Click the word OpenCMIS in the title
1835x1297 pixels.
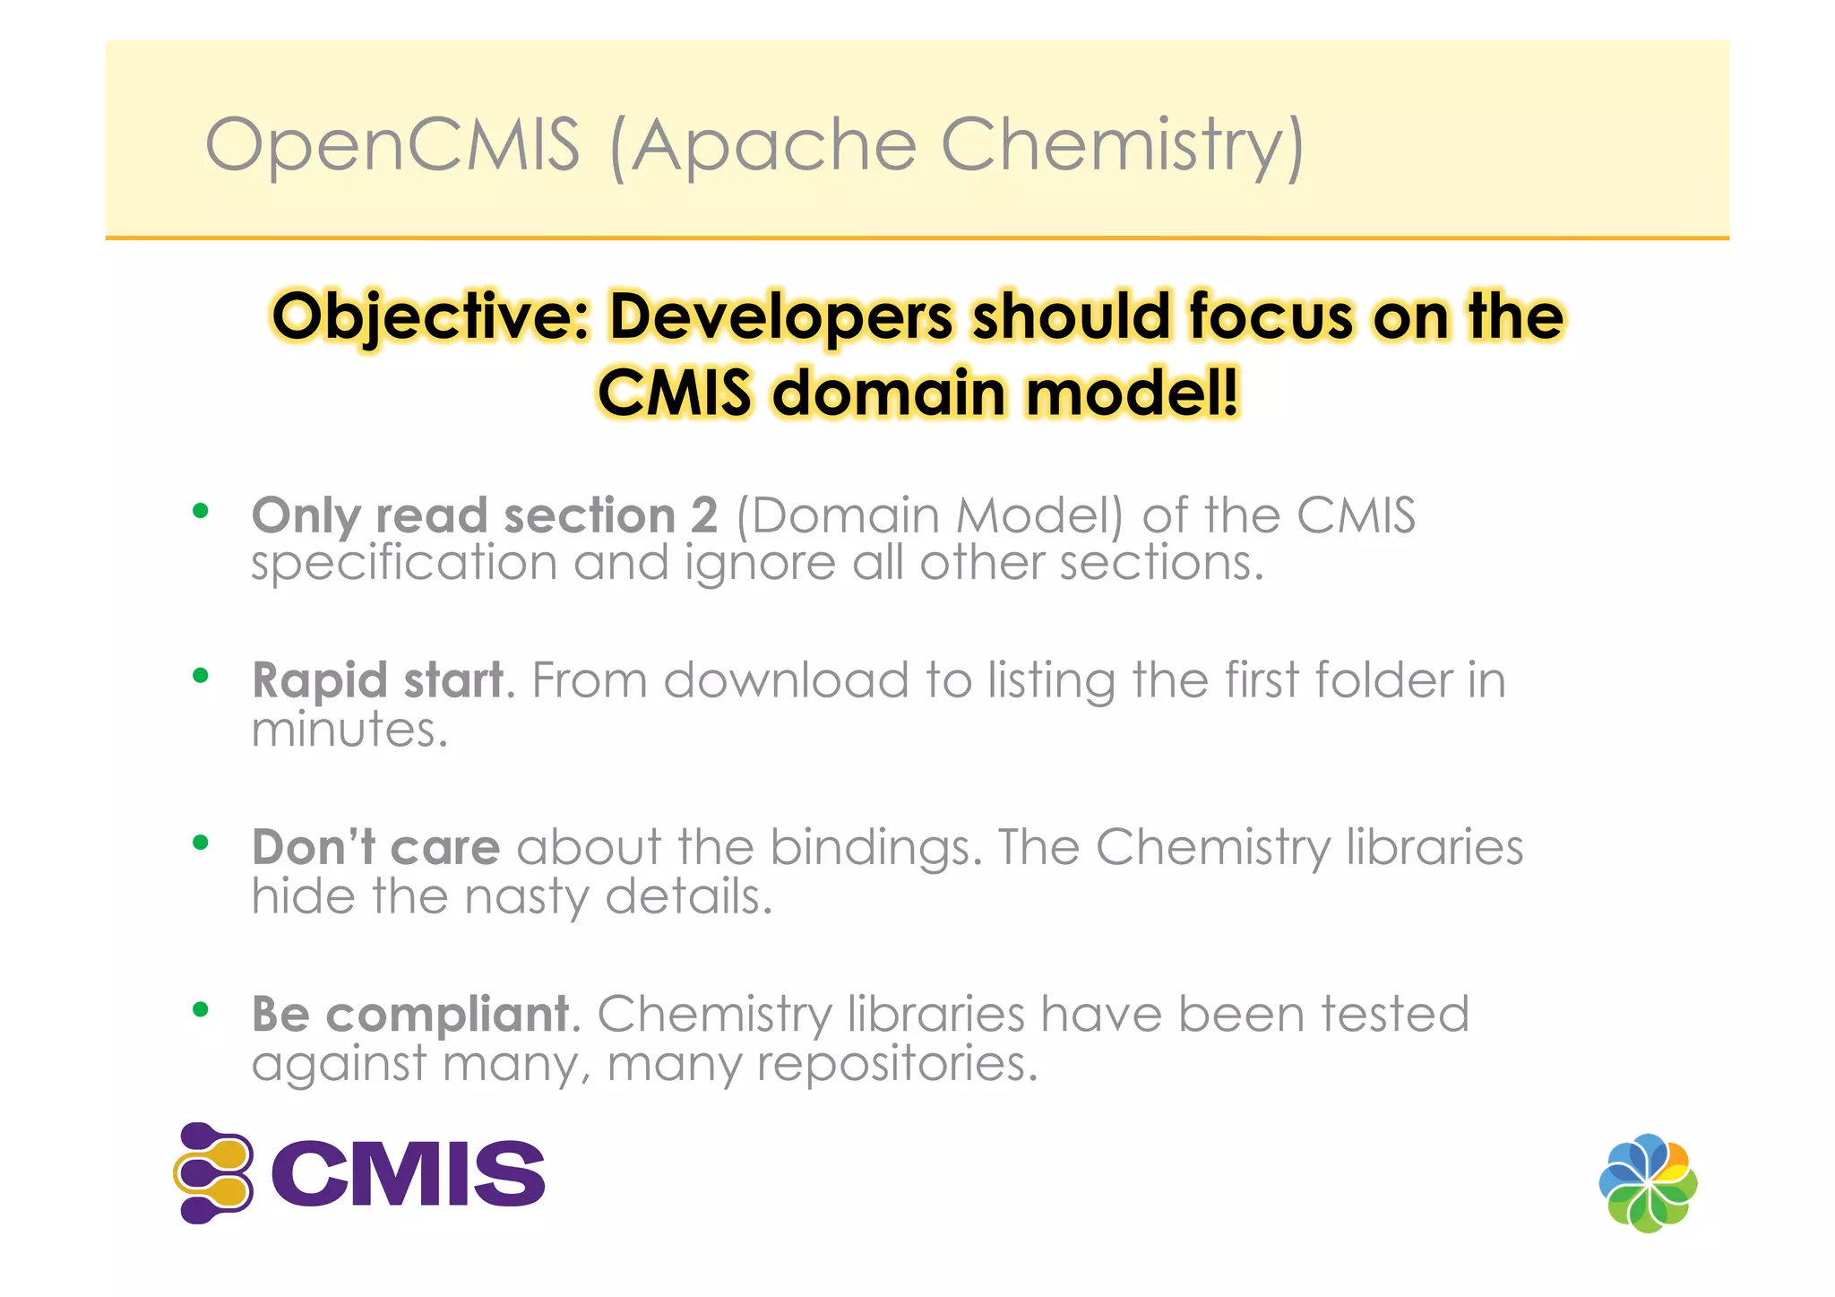[x=392, y=145]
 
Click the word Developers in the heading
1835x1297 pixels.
[x=781, y=317]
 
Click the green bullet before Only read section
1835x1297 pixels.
[x=201, y=511]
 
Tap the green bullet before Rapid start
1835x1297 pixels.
[x=201, y=676]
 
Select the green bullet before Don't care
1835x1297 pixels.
[x=201, y=843]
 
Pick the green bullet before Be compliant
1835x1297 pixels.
[x=201, y=1009]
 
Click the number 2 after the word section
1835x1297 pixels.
[x=704, y=515]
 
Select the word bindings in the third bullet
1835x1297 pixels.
[x=870, y=848]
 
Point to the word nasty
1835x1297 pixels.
[x=526, y=896]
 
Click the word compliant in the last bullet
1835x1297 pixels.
[x=447, y=1015]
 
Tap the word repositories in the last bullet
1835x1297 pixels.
[x=891, y=1064]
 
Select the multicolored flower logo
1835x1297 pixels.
[x=1648, y=1183]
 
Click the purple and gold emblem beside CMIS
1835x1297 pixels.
[x=214, y=1172]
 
